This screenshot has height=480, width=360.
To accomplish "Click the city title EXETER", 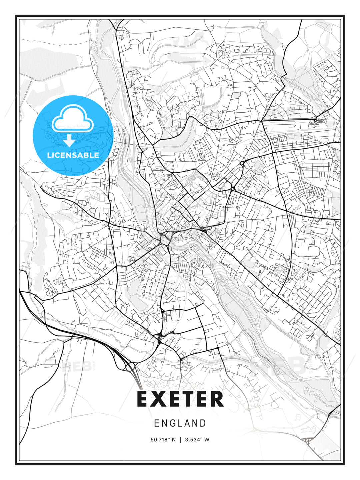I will (180, 399).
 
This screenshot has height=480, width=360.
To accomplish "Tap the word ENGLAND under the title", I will (180, 423).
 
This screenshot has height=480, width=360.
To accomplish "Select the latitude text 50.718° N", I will (163, 440).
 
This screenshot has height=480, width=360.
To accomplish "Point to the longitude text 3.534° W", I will (197, 440).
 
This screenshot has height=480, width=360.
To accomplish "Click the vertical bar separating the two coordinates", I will (180, 440).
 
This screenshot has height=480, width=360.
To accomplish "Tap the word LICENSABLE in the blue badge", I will (73, 155).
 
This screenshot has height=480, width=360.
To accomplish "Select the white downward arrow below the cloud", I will (69, 140).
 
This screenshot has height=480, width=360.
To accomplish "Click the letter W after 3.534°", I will (207, 440).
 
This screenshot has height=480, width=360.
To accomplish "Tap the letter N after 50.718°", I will (173, 440).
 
